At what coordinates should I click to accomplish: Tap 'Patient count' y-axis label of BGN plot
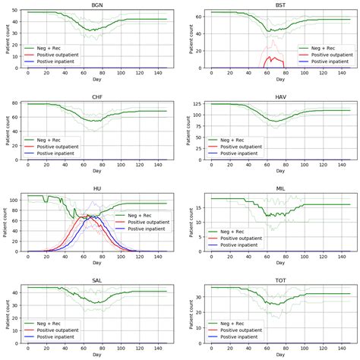coord(5,39)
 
